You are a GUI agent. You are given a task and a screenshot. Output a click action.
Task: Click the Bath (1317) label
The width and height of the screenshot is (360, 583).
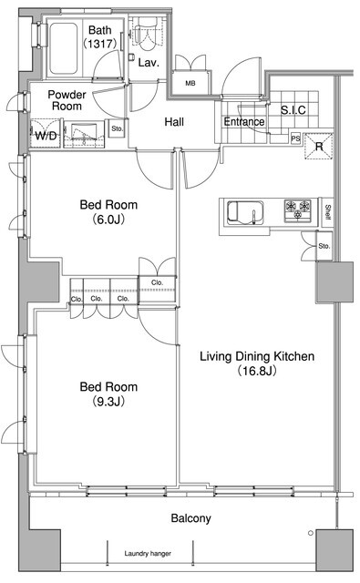point(100,36)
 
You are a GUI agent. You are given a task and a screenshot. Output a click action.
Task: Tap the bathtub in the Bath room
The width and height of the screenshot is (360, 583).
point(63,48)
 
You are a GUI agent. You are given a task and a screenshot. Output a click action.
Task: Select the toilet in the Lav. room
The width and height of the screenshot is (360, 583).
point(146,34)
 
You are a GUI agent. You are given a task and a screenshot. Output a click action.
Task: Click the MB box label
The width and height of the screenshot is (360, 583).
point(190,83)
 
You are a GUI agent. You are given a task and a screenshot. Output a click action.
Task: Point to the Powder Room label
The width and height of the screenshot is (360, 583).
point(67,100)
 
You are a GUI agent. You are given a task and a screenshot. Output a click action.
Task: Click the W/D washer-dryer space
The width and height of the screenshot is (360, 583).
point(46,133)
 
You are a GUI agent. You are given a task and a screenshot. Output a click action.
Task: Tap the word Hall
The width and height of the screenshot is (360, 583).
point(174,121)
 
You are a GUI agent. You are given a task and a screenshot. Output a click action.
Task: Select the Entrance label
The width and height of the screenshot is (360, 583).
point(244,121)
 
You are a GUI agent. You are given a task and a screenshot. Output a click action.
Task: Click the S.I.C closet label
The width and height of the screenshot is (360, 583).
point(293,110)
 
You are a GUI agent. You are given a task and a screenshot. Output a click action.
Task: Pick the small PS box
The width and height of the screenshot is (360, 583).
point(295,138)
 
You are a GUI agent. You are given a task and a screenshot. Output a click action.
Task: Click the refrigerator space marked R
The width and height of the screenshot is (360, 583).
point(319,146)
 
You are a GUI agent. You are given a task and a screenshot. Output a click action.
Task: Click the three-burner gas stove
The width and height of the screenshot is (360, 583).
point(297,210)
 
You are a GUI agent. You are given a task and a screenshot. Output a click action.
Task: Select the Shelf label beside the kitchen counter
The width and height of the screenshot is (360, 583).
point(327,212)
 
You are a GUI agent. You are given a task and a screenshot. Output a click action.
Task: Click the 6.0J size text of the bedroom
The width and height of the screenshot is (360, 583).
point(108,220)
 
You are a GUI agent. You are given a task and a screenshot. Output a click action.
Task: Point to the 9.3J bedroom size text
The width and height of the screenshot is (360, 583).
point(108,402)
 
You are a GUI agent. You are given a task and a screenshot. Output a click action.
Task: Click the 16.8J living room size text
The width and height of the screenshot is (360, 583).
point(257,371)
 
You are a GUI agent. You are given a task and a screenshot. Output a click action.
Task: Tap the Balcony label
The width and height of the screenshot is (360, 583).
point(190,518)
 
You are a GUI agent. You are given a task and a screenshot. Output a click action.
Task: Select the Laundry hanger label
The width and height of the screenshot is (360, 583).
point(148,553)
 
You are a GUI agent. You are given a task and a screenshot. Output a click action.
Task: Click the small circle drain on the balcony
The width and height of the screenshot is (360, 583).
point(311,533)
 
